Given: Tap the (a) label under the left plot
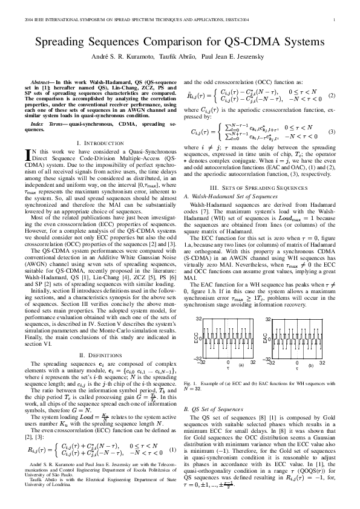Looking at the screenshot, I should click(x=241, y=365).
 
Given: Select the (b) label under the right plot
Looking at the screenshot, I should click(x=310, y=365).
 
